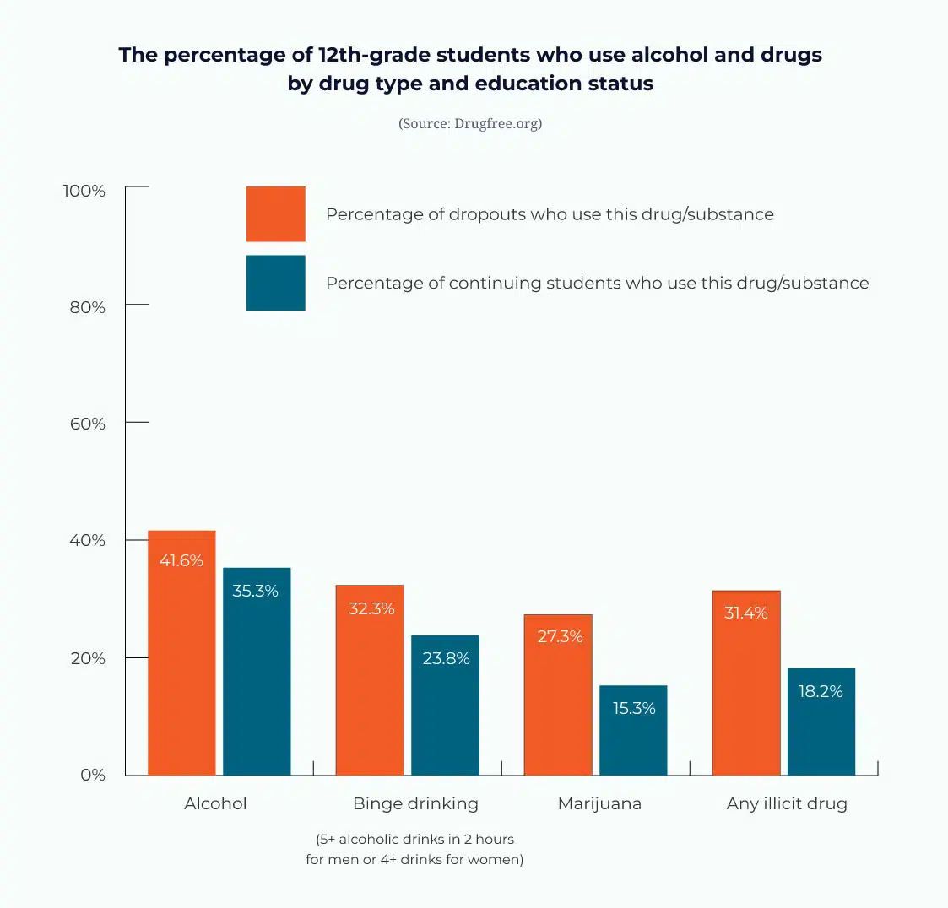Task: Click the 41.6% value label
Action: (x=181, y=560)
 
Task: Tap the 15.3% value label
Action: (x=634, y=708)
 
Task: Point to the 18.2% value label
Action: (x=821, y=691)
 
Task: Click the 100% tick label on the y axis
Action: (x=84, y=191)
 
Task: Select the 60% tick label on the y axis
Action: (x=88, y=424)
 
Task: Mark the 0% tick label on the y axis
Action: (x=93, y=775)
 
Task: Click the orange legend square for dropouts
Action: (x=276, y=214)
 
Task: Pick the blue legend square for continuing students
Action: (x=276, y=283)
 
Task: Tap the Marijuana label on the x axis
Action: (x=599, y=803)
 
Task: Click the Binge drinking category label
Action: (x=415, y=803)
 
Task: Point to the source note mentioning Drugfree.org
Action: (x=470, y=123)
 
